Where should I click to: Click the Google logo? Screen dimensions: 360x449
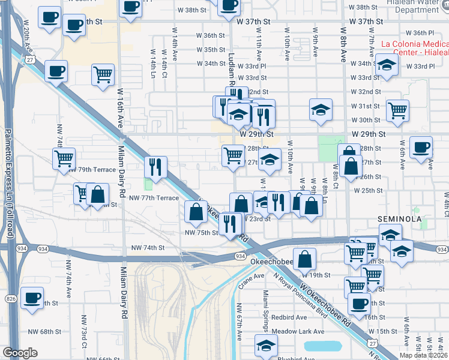(x=20, y=353)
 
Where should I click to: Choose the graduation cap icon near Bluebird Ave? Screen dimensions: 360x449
(x=266, y=346)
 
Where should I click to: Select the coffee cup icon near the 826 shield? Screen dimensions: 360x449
(x=32, y=298)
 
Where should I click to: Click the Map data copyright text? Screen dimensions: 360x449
(x=424, y=355)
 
